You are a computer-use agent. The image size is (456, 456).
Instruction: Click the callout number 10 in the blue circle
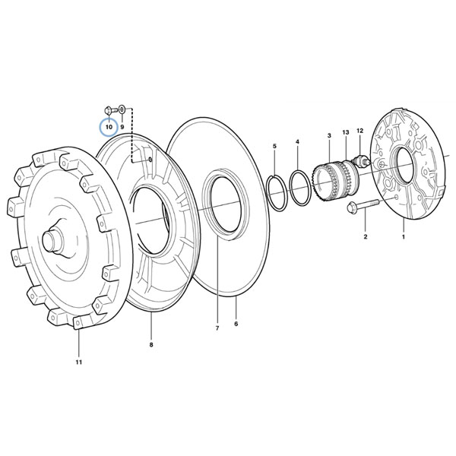[109, 127]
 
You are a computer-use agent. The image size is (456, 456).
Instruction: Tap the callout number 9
[122, 127]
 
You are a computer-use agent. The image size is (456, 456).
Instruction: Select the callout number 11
[79, 362]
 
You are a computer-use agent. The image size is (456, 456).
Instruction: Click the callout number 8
[151, 344]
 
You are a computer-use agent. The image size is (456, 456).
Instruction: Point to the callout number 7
[217, 328]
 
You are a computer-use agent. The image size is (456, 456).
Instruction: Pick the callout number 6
[236, 324]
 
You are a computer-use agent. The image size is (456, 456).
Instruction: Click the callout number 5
[274, 146]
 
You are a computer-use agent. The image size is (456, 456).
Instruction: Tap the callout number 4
[297, 141]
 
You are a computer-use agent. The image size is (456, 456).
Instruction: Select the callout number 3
[329, 135]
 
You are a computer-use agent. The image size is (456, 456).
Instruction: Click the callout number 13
[346, 132]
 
